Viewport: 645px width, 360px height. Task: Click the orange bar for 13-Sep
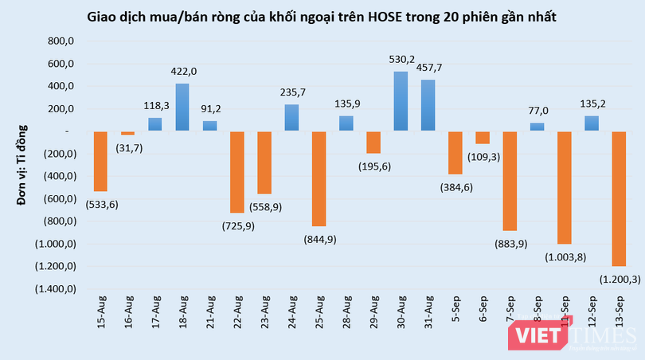pos(619,198)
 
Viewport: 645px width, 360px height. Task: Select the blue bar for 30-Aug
pos(401,101)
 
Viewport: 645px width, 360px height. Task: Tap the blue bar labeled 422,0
pos(182,108)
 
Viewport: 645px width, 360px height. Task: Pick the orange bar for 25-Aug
pos(319,178)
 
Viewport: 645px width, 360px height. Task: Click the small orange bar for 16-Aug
pos(127,133)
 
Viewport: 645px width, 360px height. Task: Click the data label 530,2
pos(401,59)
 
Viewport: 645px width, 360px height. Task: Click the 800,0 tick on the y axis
pos(61,41)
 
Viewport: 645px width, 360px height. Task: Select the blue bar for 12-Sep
pos(592,123)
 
